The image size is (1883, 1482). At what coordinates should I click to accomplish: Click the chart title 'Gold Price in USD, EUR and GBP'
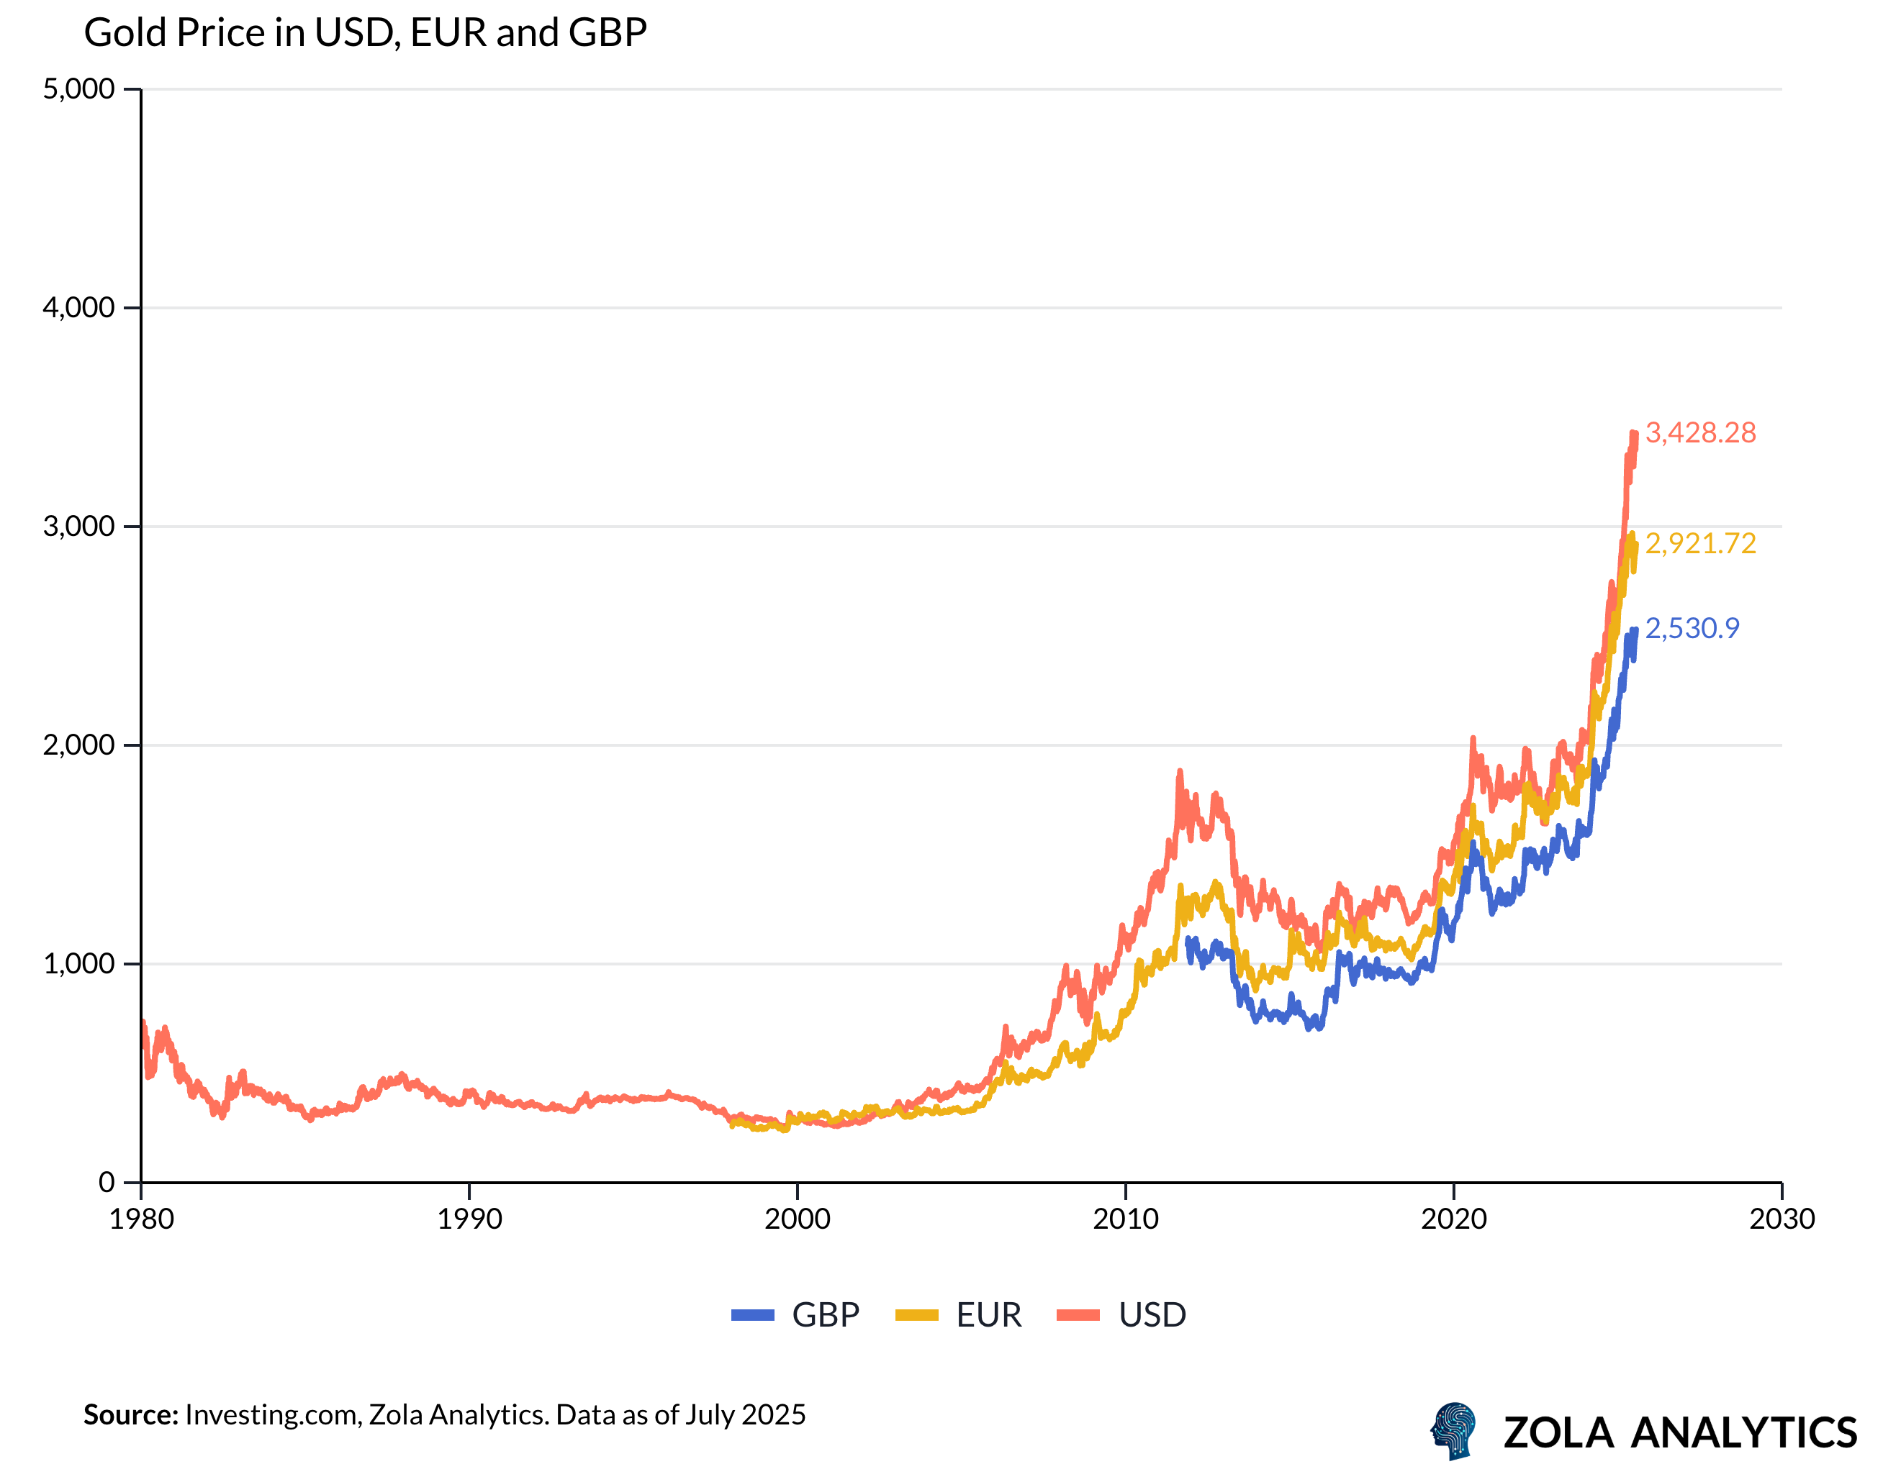(365, 33)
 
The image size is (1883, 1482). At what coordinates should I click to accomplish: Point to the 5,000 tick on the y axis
(79, 88)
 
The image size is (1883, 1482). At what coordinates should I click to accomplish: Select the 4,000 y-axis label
(79, 307)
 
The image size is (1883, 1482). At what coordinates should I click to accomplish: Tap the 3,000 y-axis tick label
(79, 526)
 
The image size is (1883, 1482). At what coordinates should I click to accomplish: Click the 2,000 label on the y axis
(79, 745)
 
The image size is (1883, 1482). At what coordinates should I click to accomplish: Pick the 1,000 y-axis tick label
(79, 963)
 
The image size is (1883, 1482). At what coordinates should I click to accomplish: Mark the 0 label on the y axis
(106, 1182)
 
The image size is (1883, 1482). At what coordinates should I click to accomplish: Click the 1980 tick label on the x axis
(142, 1219)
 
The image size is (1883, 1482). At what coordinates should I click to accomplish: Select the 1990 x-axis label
(469, 1219)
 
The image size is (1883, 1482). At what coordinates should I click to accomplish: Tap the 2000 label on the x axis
(797, 1219)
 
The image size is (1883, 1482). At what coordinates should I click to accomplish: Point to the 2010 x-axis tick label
(1125, 1219)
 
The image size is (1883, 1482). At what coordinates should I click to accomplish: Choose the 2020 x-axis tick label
(1453, 1219)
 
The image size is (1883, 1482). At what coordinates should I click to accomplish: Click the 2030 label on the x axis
(1782, 1219)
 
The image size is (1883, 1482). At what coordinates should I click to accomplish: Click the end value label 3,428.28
(1700, 433)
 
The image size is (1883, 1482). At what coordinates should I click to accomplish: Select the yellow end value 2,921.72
(1700, 544)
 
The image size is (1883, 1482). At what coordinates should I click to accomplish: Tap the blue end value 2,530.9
(1692, 628)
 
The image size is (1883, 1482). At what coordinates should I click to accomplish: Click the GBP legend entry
(795, 1315)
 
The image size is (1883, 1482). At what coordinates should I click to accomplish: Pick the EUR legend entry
(959, 1315)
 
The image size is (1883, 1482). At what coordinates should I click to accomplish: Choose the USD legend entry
(1121, 1315)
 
